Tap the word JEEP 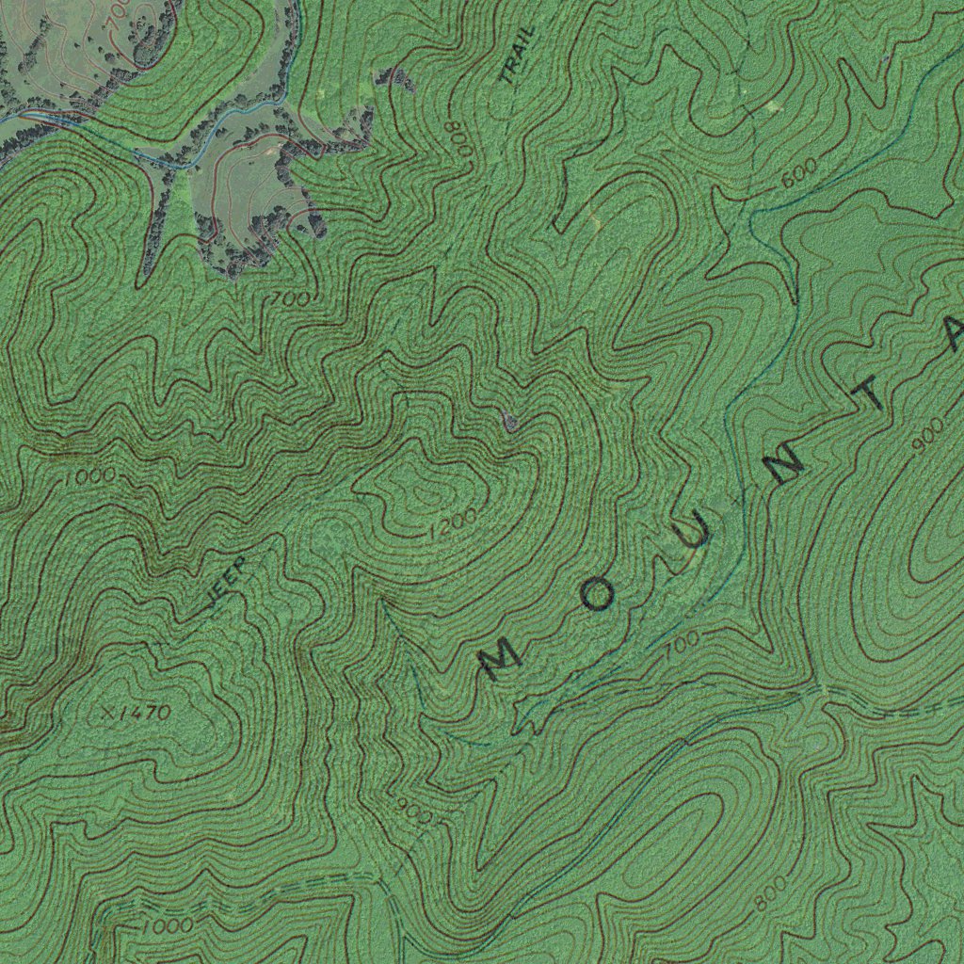pyautogui.click(x=227, y=582)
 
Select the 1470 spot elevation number pyautogui.click(x=145, y=713)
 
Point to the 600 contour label pyautogui.click(x=798, y=176)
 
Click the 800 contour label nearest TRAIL pyautogui.click(x=458, y=139)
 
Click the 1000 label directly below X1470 pyautogui.click(x=168, y=925)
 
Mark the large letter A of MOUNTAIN pyautogui.click(x=953, y=332)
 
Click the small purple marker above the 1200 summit pyautogui.click(x=509, y=422)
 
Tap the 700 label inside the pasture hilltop pyautogui.click(x=117, y=12)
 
